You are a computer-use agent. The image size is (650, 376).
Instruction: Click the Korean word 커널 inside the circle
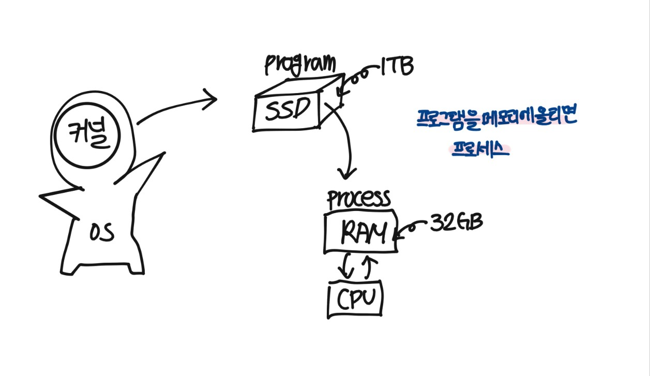pos(86,134)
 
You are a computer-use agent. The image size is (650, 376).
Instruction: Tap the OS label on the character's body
pos(102,234)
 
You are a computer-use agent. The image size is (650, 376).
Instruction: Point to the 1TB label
pos(397,68)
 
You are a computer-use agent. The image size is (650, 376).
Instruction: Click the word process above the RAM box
pos(358,199)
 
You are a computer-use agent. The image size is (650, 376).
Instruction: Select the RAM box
pos(360,233)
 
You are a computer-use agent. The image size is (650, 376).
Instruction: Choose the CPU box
pos(355,298)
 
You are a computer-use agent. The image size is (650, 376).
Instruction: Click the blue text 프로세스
pos(480,149)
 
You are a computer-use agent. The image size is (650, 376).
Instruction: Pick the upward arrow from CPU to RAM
pos(368,265)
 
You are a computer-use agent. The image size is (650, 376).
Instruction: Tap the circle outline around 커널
pos(56,136)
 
